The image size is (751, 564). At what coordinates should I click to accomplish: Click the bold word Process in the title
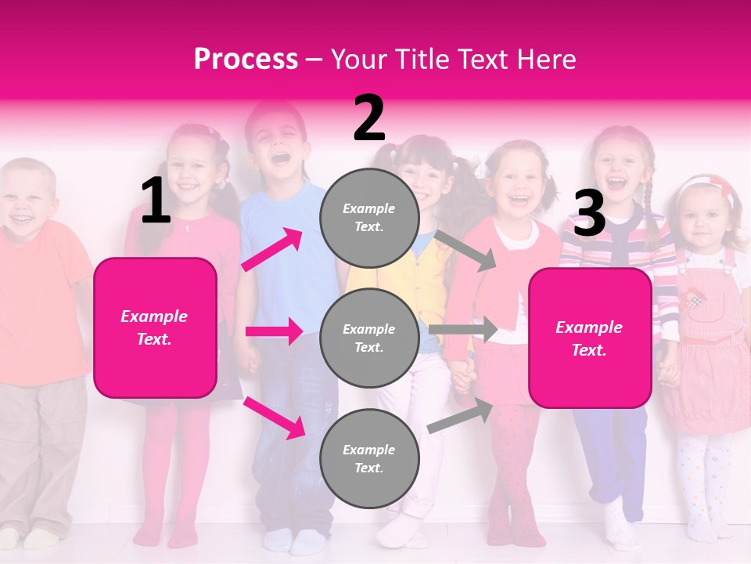pyautogui.click(x=246, y=60)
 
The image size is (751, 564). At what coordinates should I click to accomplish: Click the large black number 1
pyautogui.click(x=156, y=201)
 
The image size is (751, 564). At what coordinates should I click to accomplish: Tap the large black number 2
pyautogui.click(x=369, y=119)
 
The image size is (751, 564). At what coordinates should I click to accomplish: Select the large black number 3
pyautogui.click(x=589, y=215)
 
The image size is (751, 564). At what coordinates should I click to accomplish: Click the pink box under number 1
pyautogui.click(x=155, y=327)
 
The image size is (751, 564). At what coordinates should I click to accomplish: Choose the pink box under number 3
pyautogui.click(x=590, y=338)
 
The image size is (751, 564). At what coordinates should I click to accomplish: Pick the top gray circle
pyautogui.click(x=369, y=217)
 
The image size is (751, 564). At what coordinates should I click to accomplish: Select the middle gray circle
pyautogui.click(x=369, y=338)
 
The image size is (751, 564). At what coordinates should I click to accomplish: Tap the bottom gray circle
pyautogui.click(x=369, y=458)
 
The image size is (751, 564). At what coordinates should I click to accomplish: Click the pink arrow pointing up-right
pyautogui.click(x=272, y=250)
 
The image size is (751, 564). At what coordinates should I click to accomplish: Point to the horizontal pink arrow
pyautogui.click(x=274, y=331)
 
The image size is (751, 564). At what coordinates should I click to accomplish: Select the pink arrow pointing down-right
pyautogui.click(x=274, y=418)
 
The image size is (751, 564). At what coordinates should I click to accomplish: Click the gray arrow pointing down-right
pyautogui.click(x=466, y=251)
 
